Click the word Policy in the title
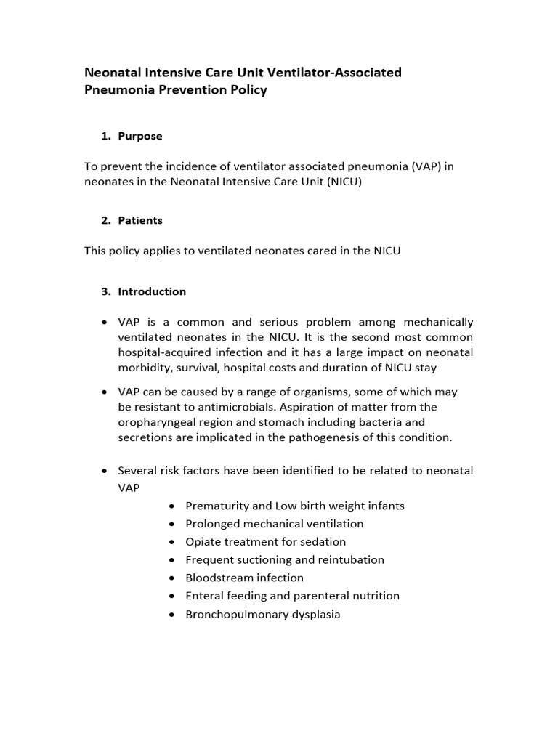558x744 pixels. pyautogui.click(x=248, y=90)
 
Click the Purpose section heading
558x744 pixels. pyautogui.click(x=140, y=136)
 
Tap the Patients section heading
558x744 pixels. pyautogui.click(x=140, y=220)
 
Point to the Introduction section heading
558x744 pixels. pyautogui.click(x=152, y=291)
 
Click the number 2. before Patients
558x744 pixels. pyautogui.click(x=106, y=220)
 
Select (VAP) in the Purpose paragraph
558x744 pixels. pyautogui.click(x=426, y=166)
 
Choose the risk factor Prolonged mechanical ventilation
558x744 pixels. pyautogui.click(x=274, y=524)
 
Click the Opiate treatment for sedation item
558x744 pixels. pyautogui.click(x=265, y=542)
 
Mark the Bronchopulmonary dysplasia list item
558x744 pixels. pyautogui.click(x=262, y=614)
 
